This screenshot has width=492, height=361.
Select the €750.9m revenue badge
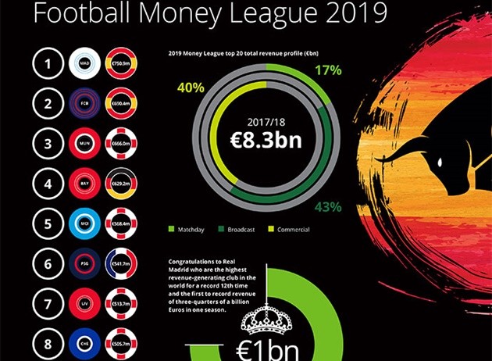point(120,63)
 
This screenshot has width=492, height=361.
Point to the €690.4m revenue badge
point(120,103)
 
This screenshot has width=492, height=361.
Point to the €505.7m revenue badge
point(120,341)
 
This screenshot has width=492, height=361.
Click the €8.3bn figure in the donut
point(266,141)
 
